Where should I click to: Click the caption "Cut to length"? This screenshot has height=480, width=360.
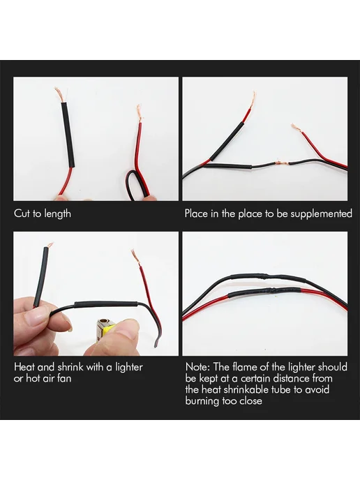pyautogui.click(x=43, y=213)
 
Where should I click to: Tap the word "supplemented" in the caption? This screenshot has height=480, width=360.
pyautogui.click(x=321, y=213)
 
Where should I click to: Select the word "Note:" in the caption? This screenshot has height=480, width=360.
pyautogui.click(x=197, y=366)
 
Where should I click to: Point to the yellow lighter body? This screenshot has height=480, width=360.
pyautogui.click(x=107, y=332)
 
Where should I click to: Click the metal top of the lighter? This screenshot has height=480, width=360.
pyautogui.click(x=103, y=325)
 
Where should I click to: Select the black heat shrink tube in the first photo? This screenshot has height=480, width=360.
pyautogui.click(x=68, y=135)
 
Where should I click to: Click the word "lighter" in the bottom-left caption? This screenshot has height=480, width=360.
pyautogui.click(x=128, y=367)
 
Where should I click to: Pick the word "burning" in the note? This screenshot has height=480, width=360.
pyautogui.click(x=202, y=400)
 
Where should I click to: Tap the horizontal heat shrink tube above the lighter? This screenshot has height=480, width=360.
pyautogui.click(x=106, y=306)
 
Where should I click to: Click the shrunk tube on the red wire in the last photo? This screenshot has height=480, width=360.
pyautogui.click(x=263, y=292)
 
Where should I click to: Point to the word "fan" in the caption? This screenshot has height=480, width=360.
pyautogui.click(x=64, y=378)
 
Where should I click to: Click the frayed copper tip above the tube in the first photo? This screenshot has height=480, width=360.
pyautogui.click(x=59, y=95)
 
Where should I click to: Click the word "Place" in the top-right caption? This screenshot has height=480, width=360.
pyautogui.click(x=196, y=213)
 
